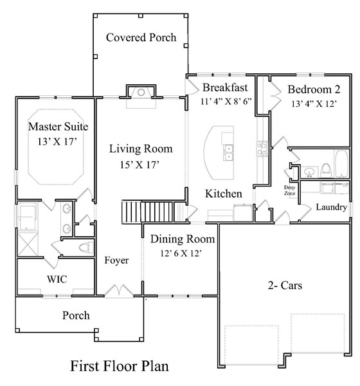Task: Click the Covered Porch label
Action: coord(141,37)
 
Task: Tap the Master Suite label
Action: coord(58,126)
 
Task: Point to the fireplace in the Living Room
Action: coord(141,93)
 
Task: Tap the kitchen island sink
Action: coord(228,152)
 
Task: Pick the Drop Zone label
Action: coord(289,190)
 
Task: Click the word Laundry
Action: coord(332,207)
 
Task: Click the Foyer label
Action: coord(117,261)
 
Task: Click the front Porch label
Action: coord(76,315)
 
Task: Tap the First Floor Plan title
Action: coord(120,367)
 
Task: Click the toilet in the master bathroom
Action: coord(83,248)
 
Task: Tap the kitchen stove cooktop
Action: coord(262,149)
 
